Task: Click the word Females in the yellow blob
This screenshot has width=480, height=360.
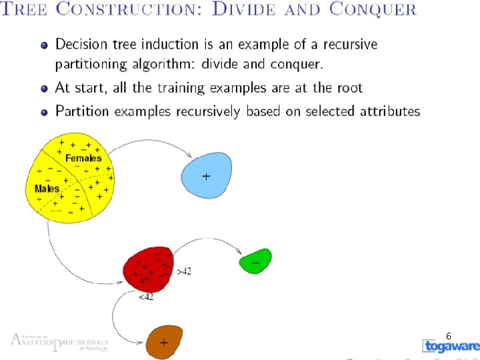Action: click(x=83, y=159)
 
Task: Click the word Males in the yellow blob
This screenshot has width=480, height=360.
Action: click(x=47, y=189)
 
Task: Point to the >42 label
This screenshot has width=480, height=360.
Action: click(x=185, y=271)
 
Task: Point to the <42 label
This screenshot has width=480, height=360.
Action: click(x=145, y=297)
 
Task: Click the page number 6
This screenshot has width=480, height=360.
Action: click(x=449, y=336)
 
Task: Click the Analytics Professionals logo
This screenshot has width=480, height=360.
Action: click(x=59, y=343)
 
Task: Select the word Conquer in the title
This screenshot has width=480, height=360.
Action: click(x=373, y=11)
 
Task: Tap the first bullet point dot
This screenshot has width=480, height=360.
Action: click(x=44, y=45)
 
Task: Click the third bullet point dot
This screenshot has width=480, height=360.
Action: click(x=44, y=111)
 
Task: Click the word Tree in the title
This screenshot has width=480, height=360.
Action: click(x=25, y=11)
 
